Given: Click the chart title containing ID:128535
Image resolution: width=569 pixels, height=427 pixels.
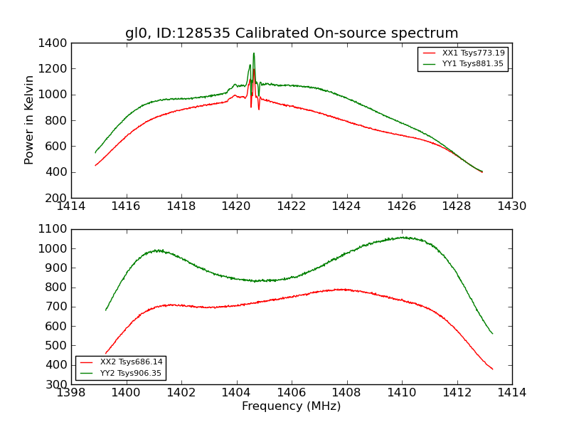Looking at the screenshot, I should (x=292, y=33).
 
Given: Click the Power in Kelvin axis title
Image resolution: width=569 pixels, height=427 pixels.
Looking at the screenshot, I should (x=30, y=120).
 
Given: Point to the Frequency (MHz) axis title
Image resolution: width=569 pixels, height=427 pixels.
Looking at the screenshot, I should (x=292, y=407).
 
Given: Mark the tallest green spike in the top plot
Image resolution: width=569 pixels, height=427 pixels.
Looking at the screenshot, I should (x=254, y=53).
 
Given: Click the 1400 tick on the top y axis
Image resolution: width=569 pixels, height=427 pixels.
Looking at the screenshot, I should (x=54, y=43).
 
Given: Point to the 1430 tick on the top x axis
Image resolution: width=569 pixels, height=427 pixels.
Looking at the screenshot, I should (x=512, y=206).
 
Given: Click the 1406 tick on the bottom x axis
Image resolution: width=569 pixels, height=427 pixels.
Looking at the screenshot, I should (x=292, y=393).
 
